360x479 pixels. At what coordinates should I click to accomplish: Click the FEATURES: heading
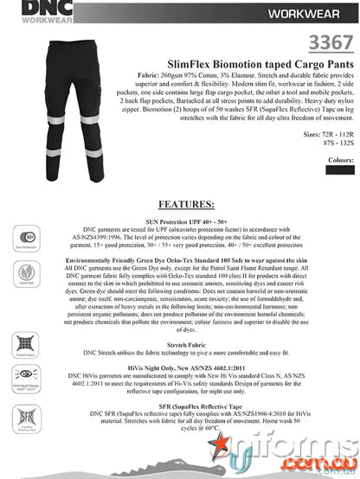(182, 205)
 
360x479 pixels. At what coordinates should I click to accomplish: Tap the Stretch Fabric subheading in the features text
(180, 345)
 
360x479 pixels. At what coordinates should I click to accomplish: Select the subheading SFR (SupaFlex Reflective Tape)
(180, 406)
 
